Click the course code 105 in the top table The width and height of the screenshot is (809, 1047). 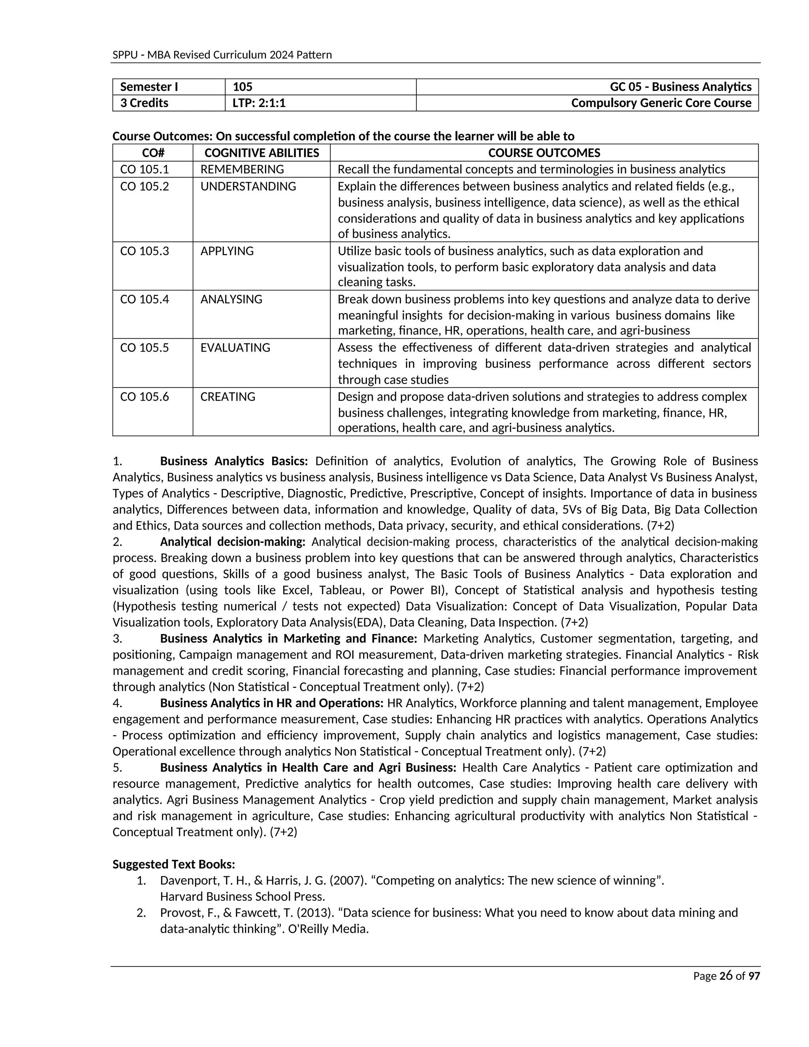243,87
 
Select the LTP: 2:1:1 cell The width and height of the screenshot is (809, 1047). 259,103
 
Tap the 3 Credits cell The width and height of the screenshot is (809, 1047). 144,103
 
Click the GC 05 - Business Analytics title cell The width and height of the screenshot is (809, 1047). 680,87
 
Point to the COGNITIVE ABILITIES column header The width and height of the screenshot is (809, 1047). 261,153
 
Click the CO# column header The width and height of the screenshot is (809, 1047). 153,153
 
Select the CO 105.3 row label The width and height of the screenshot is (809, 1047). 144,251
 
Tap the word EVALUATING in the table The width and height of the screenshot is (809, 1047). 235,348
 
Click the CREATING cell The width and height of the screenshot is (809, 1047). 228,397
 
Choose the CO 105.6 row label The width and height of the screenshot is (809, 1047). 144,397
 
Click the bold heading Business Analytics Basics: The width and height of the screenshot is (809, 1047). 234,461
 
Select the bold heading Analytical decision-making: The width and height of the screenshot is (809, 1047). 232,542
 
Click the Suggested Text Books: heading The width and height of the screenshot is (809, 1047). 173,864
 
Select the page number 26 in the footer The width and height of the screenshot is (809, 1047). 726,975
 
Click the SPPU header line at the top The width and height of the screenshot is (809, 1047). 222,55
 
